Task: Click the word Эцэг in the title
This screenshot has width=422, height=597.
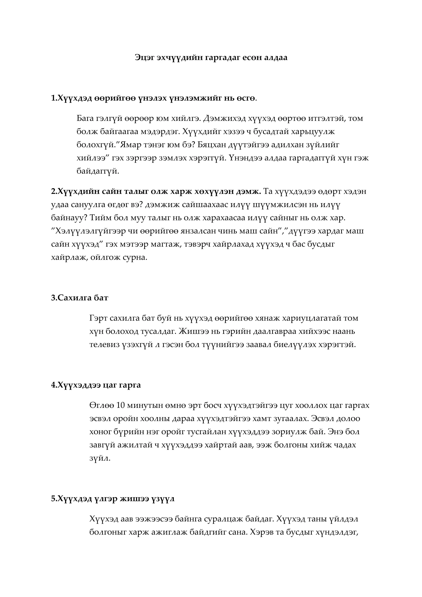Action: [145, 57]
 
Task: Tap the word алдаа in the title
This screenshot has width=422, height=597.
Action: [276, 57]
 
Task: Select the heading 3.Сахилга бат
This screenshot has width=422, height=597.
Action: [80, 298]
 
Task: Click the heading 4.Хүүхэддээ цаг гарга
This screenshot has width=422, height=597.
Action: [96, 385]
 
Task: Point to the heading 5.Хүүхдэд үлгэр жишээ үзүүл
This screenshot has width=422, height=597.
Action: [113, 499]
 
